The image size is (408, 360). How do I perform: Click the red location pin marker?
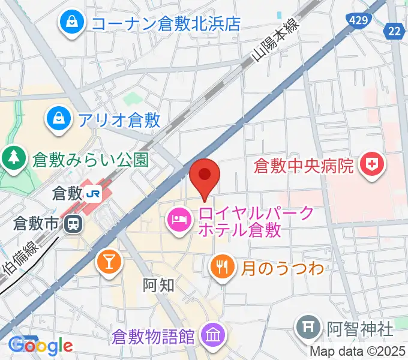205,176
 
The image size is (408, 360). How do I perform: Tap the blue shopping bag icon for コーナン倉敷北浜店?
72,23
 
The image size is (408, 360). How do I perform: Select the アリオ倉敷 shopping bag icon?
60,116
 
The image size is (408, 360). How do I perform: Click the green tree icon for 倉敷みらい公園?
12,158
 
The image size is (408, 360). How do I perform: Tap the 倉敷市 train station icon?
73,224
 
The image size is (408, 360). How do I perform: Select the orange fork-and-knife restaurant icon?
222,266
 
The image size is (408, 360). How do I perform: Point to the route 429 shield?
359,20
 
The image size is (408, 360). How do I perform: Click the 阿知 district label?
159,284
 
